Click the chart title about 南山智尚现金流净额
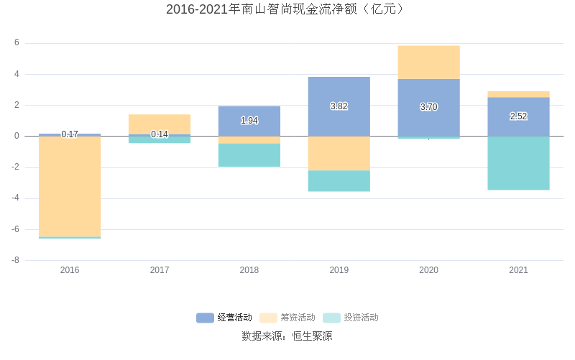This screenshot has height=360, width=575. click(287, 9)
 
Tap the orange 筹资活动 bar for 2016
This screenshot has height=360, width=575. click(70, 186)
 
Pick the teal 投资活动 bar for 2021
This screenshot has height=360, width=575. click(519, 163)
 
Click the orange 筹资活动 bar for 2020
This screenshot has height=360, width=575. click(429, 63)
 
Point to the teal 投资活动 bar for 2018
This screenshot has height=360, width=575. click(249, 155)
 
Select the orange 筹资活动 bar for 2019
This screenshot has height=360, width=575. click(339, 153)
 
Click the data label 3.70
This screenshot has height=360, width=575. click(429, 107)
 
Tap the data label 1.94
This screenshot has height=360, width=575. click(249, 121)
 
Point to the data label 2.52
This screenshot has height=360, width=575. click(519, 116)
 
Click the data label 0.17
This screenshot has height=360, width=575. click(70, 134)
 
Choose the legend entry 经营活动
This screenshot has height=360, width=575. click(225, 318)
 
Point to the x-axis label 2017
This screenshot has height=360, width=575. click(160, 270)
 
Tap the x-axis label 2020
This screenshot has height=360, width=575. click(429, 270)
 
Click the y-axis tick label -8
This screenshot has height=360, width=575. click(15, 260)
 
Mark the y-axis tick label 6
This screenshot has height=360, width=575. click(17, 43)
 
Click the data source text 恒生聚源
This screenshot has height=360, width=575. click(312, 336)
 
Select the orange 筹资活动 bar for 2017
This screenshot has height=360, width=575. click(160, 124)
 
